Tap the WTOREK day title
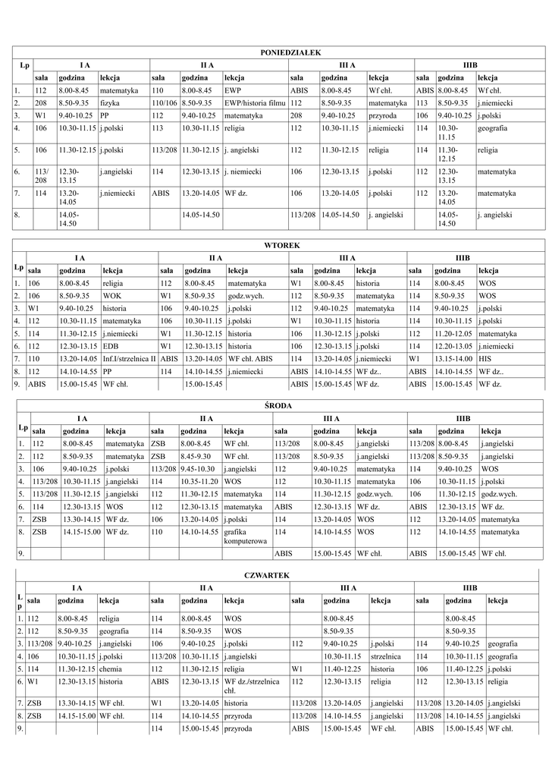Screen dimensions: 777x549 tap(281, 246)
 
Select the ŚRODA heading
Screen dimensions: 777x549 tap(281, 406)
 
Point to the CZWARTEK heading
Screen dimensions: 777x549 tap(280, 576)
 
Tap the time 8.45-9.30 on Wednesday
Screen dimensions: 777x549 tap(197, 456)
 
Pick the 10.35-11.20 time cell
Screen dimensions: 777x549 tap(199, 482)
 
